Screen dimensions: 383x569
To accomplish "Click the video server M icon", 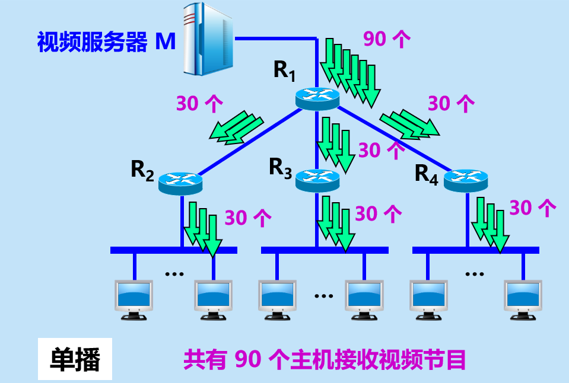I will [x=208, y=39].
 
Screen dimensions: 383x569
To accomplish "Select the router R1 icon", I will [x=317, y=97].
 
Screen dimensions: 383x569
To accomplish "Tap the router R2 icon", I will [x=181, y=181].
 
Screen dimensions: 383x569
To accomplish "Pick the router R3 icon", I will [x=317, y=179].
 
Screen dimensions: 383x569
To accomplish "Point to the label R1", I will [x=284, y=71].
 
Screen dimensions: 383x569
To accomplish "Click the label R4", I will [x=426, y=173].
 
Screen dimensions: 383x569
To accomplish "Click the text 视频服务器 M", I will [x=106, y=42].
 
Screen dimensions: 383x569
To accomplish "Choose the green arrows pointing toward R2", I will [x=236, y=127].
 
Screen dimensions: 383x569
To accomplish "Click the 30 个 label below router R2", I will [x=248, y=218].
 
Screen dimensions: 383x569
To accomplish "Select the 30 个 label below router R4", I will [x=533, y=208].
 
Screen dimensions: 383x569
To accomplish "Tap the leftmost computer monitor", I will [x=134, y=297].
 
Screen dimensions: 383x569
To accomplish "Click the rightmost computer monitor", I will [x=523, y=298].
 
